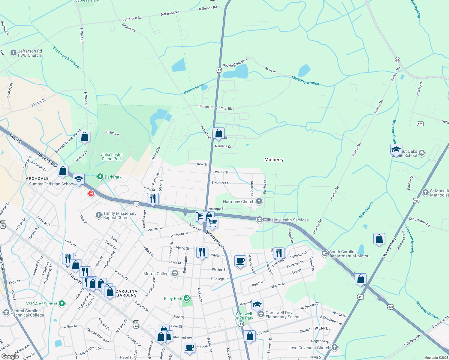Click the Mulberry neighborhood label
[x=274, y=160]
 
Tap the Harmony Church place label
[x=239, y=202]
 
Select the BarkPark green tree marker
[x=100, y=177]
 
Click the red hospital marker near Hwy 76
[x=91, y=194]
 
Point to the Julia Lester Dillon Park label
[x=112, y=157]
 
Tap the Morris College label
[x=157, y=274]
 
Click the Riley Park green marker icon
[x=187, y=298]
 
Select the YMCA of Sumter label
[x=41, y=304]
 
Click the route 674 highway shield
[x=420, y=124]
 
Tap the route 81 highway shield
[x=397, y=59]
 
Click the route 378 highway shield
[x=390, y=307]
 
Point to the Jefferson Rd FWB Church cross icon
[x=13, y=53]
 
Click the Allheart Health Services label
[x=286, y=220]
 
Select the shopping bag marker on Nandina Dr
[x=218, y=133]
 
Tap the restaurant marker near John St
[x=153, y=198]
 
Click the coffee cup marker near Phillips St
[x=240, y=261]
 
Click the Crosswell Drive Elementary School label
[x=283, y=315]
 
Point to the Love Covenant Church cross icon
[x=335, y=347]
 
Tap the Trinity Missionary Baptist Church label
[x=119, y=215]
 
